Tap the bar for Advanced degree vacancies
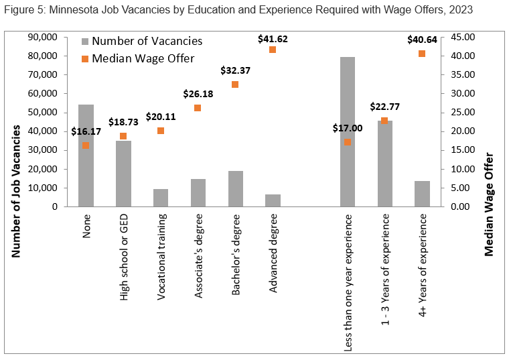pos(273,200)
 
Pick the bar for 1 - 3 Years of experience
pos(384,164)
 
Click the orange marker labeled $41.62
pos(273,50)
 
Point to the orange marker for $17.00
pos(347,142)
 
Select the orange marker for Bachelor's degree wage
pos(235,84)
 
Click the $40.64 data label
pos(422,40)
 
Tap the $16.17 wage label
pos(86,131)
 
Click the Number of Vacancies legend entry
pos(140,41)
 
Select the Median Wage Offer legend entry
pos(137,58)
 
